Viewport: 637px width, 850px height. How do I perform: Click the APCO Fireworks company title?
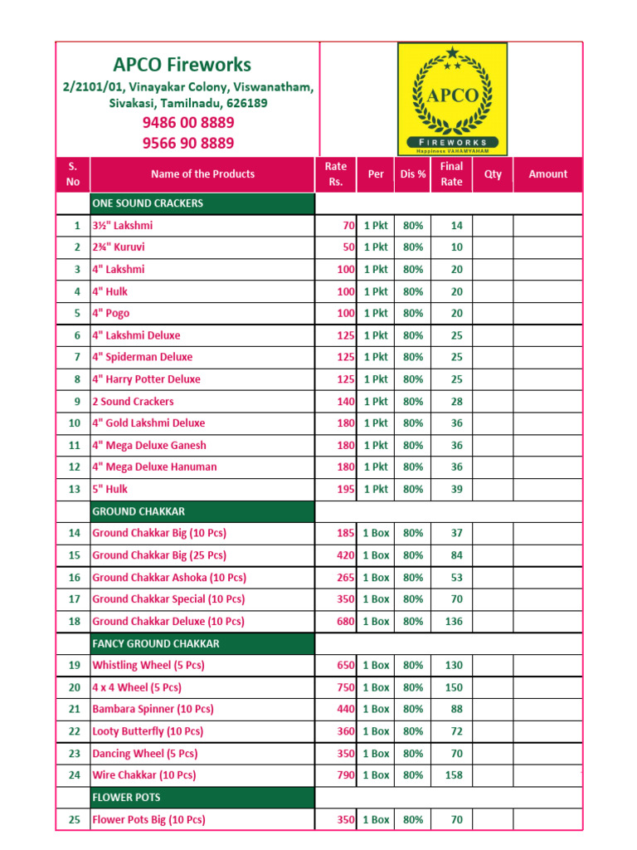point(182,65)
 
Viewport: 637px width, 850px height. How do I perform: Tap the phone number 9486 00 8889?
point(188,123)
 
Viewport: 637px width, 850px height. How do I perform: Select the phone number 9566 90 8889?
point(188,143)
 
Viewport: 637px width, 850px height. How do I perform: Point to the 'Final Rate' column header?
point(451,174)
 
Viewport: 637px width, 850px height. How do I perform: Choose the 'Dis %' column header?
point(412,174)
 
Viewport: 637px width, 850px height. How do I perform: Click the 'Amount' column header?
point(547,174)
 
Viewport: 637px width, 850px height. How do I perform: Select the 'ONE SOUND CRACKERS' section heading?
point(148,203)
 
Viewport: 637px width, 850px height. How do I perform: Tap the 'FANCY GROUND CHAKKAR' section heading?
point(156,643)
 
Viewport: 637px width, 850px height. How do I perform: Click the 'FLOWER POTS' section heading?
point(122,798)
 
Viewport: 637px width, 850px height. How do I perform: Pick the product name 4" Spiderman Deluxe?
point(142,357)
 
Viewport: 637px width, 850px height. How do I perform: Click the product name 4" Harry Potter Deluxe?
point(146,379)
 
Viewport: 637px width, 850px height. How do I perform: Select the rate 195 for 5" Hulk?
point(345,490)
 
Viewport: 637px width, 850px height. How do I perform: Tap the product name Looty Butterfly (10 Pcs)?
point(148,731)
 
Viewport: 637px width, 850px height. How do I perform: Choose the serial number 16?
point(75,578)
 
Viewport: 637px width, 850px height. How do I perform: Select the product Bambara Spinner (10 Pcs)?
point(153,710)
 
